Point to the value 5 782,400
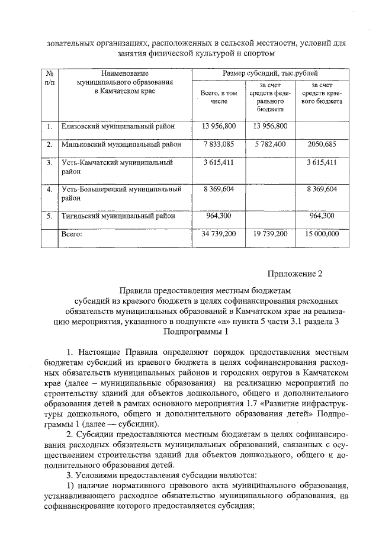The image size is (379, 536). pyautogui.click(x=270, y=144)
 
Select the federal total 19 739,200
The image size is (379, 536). pyautogui.click(x=270, y=234)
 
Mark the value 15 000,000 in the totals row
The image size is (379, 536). pyautogui.click(x=322, y=234)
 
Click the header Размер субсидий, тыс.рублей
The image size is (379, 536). pyautogui.click(x=269, y=73)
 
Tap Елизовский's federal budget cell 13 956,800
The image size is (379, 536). pyautogui.click(x=270, y=126)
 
